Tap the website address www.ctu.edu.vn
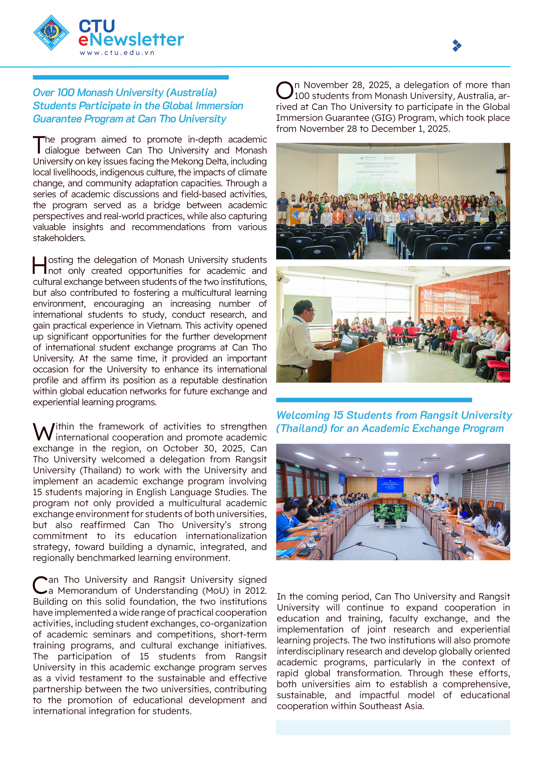point(117,53)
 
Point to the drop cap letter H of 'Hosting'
point(40,265)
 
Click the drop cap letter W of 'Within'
point(44,432)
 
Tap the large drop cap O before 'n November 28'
point(284,90)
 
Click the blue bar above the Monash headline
point(130,77)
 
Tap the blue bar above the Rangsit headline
point(374,400)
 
